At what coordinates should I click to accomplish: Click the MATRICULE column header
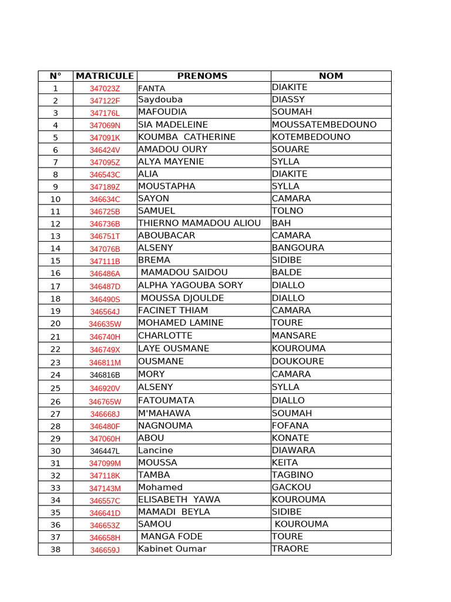[105, 76]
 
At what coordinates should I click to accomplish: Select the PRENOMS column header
[202, 76]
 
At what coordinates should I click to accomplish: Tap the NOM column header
[331, 76]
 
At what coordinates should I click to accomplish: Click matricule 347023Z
[105, 88]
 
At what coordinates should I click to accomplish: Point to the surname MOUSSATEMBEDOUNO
[324, 125]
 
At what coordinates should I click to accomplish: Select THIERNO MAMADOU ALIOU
[199, 223]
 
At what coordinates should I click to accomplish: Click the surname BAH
[281, 223]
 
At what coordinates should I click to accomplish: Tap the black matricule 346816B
[105, 374]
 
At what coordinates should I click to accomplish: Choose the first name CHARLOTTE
[165, 336]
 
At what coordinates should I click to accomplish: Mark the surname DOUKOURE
[298, 361]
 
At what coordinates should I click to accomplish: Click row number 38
[55, 550]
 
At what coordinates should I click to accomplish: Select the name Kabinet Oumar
[172, 549]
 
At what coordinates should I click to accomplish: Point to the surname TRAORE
[290, 549]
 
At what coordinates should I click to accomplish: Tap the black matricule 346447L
[105, 451]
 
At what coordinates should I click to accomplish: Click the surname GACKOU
[291, 487]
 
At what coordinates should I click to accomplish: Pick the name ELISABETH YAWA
[179, 500]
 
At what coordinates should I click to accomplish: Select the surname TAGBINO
[292, 475]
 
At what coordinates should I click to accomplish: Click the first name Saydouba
[160, 100]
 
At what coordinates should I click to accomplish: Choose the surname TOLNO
[288, 210]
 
